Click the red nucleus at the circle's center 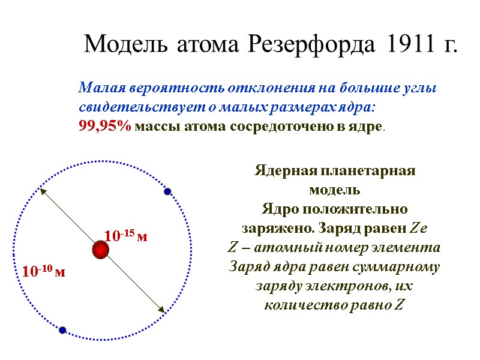tap(100, 250)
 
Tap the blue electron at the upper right tap(168, 191)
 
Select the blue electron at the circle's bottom tap(62, 329)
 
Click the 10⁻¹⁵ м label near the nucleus tap(125, 236)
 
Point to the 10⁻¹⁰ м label tap(43, 272)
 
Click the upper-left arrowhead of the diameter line tap(42, 191)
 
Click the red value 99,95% tap(105, 127)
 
